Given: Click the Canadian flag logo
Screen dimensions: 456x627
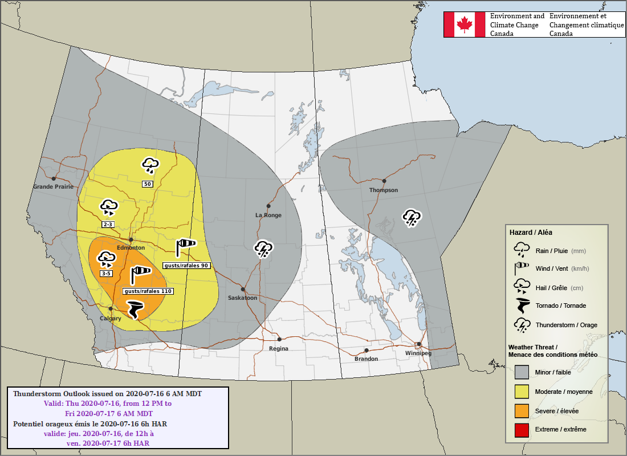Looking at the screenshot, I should [x=465, y=25].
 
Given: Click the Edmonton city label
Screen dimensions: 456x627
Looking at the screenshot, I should [x=131, y=248].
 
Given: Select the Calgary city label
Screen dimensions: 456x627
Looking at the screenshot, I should [x=111, y=318].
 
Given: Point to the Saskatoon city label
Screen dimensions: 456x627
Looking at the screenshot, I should [x=242, y=298].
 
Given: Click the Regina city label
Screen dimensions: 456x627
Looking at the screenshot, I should [x=279, y=348].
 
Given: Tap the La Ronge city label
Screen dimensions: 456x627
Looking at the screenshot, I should [x=268, y=215].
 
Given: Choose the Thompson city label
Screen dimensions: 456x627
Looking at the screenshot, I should [x=384, y=190].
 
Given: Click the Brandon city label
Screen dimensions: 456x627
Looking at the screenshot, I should [x=366, y=359].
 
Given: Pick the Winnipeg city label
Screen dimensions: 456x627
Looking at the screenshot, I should [x=418, y=353].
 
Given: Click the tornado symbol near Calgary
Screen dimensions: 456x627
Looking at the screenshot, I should [x=135, y=309].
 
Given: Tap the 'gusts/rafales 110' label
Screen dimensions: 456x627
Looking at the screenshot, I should [x=148, y=291].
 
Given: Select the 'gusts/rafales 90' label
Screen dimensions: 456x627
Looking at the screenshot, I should [x=186, y=266].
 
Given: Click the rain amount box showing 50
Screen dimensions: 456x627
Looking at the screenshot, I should [x=148, y=184].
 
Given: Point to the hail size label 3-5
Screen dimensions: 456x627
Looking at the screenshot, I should [x=107, y=274].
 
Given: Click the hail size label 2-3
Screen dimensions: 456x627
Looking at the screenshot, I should [x=108, y=225].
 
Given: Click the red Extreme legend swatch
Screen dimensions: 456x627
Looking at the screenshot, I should [x=521, y=429].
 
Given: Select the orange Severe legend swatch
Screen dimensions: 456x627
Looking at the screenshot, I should [x=521, y=410].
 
